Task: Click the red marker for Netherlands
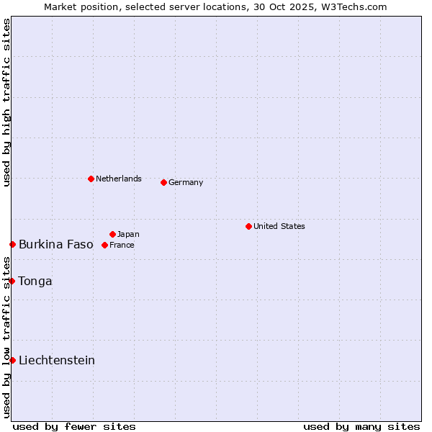click(91, 179)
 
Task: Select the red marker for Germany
click(163, 182)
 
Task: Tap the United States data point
click(248, 226)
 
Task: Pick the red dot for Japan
click(112, 234)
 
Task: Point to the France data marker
click(104, 245)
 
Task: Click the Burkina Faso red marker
click(12, 245)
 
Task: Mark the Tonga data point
click(12, 281)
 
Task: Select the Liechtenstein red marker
click(12, 360)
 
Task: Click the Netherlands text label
click(119, 179)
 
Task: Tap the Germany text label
click(186, 182)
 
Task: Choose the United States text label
click(279, 226)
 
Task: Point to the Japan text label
click(128, 234)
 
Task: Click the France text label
click(122, 245)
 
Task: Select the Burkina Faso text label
click(56, 245)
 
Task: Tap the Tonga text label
click(35, 281)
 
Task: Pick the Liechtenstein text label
click(57, 360)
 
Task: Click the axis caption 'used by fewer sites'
click(74, 426)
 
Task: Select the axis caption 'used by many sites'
click(361, 426)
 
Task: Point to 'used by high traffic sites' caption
click(6, 102)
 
